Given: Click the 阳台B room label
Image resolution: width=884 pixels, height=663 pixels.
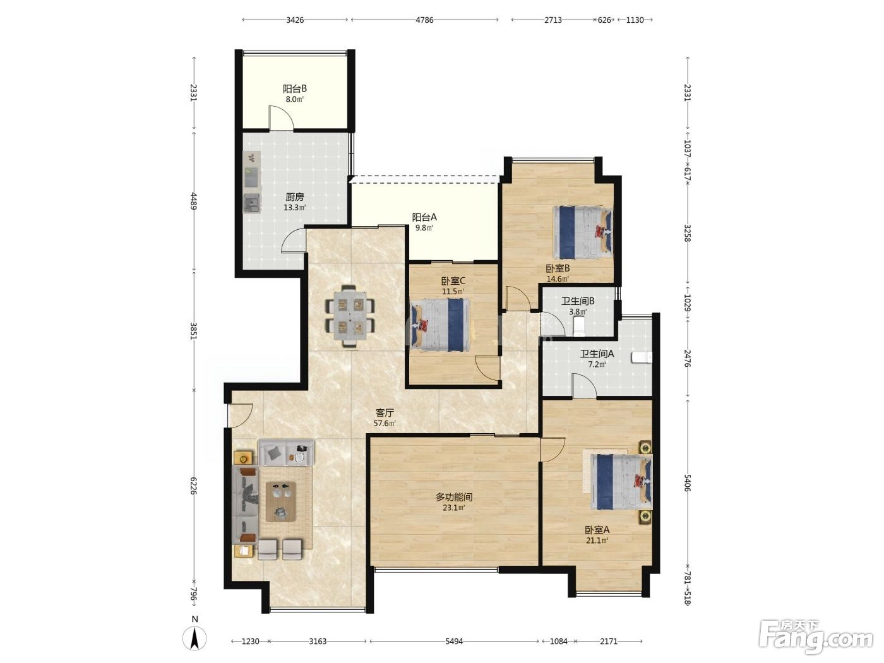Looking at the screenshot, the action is pos(294,88).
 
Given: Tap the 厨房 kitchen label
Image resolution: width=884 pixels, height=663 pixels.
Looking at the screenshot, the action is pos(294,197).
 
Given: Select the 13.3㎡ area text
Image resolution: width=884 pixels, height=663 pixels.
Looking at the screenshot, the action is pos(294,208).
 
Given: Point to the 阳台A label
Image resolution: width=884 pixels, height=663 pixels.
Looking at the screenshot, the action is pos(424,217).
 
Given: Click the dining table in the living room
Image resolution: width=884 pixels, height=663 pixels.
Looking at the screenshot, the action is pos(350,316).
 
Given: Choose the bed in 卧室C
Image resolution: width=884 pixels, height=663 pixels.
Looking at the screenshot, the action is pos(440,325).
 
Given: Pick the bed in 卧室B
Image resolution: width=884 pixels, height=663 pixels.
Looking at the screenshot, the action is pos(582,232).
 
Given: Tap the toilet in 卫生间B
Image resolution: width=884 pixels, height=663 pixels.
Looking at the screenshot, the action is pos(579,326).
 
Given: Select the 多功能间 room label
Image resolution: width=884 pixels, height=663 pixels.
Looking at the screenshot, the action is pos(453,497).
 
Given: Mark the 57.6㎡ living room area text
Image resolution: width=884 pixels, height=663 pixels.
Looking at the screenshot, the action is pos(385,423).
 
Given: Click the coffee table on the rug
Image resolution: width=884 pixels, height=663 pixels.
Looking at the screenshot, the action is pos(281,501).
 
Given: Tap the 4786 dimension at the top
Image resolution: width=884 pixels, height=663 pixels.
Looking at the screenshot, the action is pos(424,20).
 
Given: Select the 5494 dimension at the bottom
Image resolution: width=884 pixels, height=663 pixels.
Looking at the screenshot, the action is pos(454,641).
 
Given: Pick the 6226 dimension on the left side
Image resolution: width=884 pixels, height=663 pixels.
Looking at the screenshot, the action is pos(194,486).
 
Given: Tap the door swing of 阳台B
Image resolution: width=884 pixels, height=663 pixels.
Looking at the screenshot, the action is pos(281,118).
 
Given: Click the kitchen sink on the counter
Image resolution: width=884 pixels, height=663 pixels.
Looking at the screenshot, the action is pos(252,177).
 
